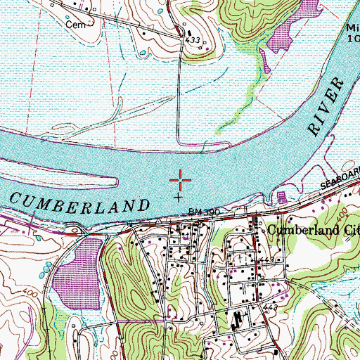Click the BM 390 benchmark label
click(x=205, y=212)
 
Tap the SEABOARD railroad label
click(x=341, y=176)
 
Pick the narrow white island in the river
click(x=77, y=183)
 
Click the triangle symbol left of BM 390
click(x=159, y=220)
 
